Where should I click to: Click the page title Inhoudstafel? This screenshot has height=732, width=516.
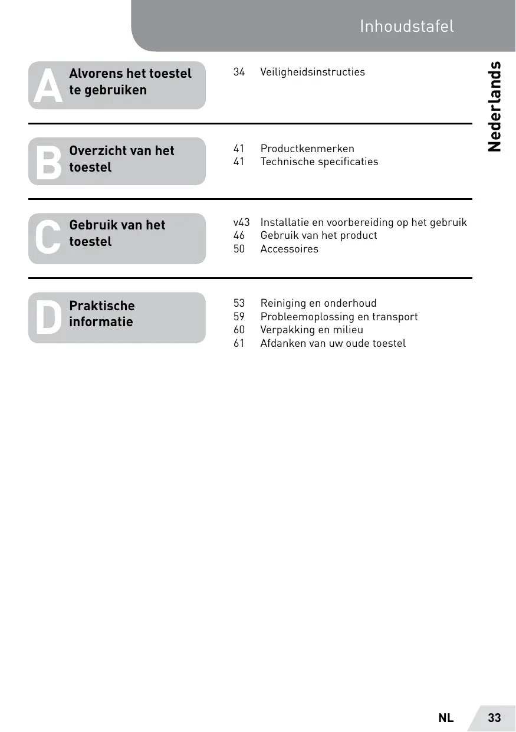point(407,27)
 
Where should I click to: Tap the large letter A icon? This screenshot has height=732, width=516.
point(48,86)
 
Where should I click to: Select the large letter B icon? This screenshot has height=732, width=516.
point(48,162)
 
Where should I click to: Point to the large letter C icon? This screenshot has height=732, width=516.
point(48,238)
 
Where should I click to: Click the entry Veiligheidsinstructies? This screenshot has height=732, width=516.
point(313,72)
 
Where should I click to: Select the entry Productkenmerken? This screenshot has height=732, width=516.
point(307,149)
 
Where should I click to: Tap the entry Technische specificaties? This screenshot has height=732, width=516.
point(319,162)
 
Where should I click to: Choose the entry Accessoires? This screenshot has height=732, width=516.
point(289,249)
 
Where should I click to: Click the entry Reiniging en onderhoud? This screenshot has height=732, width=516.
point(318,303)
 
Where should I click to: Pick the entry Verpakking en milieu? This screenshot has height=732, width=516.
point(312,330)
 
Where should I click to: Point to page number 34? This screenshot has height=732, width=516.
point(239,72)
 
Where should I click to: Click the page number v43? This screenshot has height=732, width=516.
point(242,222)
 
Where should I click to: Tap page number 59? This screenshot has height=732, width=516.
point(239,317)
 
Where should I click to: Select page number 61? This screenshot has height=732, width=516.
point(239,343)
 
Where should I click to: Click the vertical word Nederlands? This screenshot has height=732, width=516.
point(495,106)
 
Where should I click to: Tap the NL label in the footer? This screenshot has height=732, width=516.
point(446,718)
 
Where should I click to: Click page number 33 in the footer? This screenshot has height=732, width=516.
point(494,718)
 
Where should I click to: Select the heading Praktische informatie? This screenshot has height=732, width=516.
point(102,314)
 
